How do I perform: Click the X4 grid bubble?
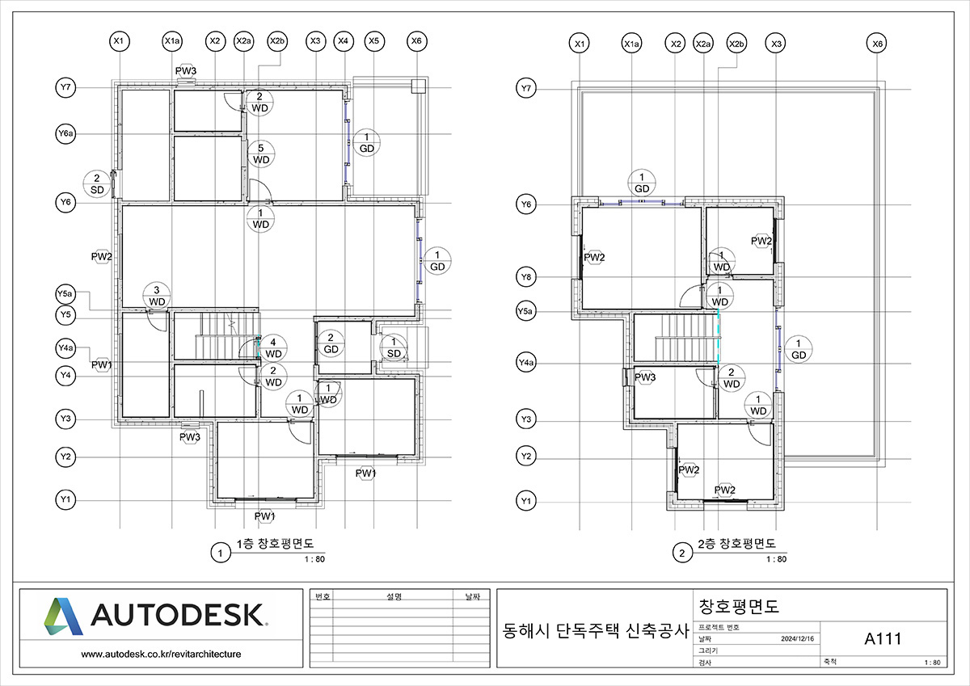point(344,41)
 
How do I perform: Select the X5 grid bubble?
point(373,41)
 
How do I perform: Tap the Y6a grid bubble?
point(65,133)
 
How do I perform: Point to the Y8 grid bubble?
point(526,276)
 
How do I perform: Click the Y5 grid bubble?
point(65,314)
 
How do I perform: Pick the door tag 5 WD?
point(261,154)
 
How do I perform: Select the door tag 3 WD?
point(157,296)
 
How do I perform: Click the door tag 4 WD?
point(273,348)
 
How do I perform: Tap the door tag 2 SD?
point(97,184)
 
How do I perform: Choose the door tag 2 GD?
point(331,343)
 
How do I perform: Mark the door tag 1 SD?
point(394,347)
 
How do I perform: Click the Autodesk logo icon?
point(63,617)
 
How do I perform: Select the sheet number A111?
point(883,639)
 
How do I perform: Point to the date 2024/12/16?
point(797,639)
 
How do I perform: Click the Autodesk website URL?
point(161,654)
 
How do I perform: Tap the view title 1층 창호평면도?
point(275,544)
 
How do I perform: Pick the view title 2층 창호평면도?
point(736,544)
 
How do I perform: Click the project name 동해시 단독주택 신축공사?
point(596,631)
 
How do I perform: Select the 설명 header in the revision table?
point(394,596)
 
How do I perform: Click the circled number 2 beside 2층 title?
point(682,553)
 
